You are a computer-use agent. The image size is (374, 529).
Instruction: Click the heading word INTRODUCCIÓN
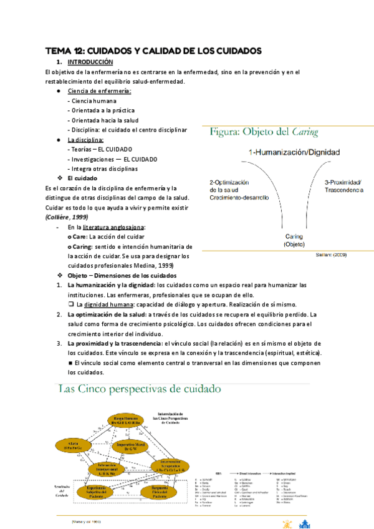click(x=90, y=62)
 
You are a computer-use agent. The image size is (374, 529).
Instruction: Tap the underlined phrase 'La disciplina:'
click(x=85, y=140)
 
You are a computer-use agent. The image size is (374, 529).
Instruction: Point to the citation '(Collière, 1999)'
click(x=68, y=217)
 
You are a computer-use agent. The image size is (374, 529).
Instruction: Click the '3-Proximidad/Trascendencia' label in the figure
click(x=343, y=185)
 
